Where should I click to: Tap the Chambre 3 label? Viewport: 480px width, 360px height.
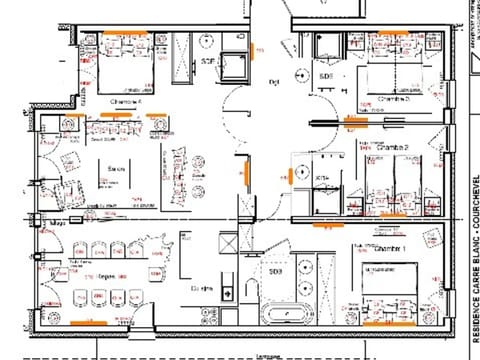coord(394,99)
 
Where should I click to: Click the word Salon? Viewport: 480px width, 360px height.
coord(115,169)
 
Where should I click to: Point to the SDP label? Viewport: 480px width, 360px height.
coord(208,62)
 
